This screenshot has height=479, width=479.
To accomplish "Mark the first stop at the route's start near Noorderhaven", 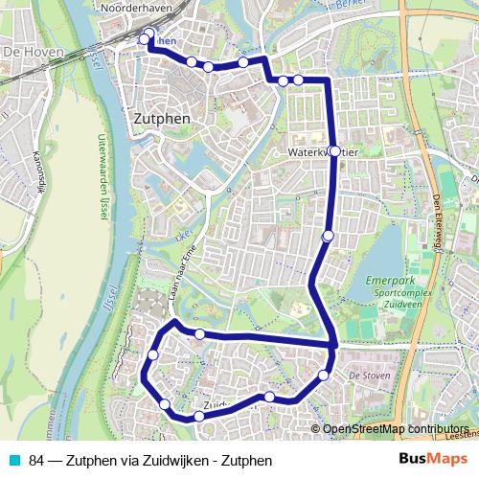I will (146, 38).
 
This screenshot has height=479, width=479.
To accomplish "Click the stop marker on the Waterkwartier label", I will (332, 151).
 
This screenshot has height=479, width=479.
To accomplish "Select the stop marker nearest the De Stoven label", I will (324, 375).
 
